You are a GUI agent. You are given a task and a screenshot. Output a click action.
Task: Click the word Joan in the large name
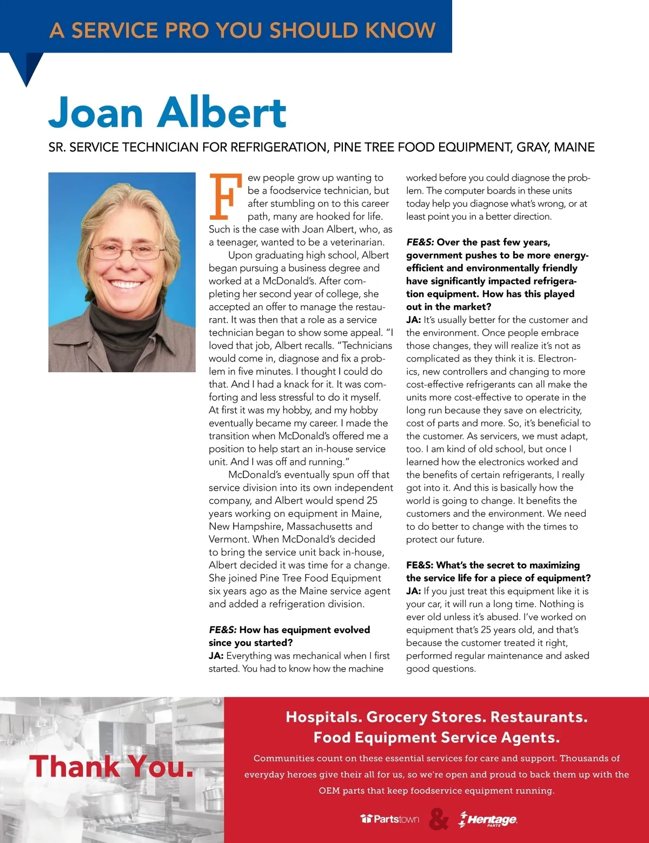coord(96,113)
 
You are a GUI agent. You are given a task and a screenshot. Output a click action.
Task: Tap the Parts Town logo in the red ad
coord(390,819)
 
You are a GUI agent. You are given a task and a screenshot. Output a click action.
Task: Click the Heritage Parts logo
coord(488,820)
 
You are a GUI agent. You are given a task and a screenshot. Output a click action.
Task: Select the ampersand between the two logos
coord(439,819)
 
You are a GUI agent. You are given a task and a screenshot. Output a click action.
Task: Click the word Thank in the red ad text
coord(75,767)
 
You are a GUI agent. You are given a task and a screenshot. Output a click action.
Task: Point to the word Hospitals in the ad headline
coord(323,717)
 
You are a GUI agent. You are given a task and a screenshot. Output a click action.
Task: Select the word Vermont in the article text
coord(228,539)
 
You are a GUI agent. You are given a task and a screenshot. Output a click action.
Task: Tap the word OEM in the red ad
coord(329,791)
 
